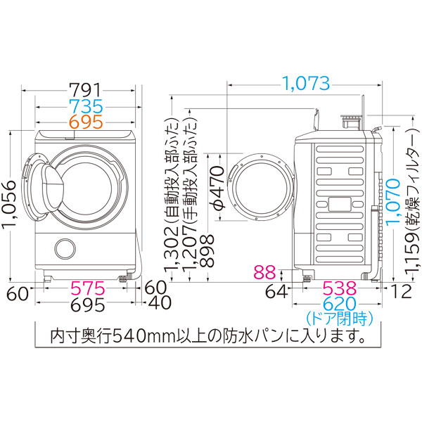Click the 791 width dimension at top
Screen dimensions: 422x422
(x=87, y=90)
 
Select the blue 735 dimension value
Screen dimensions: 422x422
(x=86, y=106)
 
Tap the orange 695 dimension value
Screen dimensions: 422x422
(x=86, y=122)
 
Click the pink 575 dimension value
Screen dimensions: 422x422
(x=86, y=288)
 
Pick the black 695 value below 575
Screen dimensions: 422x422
(x=86, y=305)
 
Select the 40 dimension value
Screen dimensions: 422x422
(x=158, y=305)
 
